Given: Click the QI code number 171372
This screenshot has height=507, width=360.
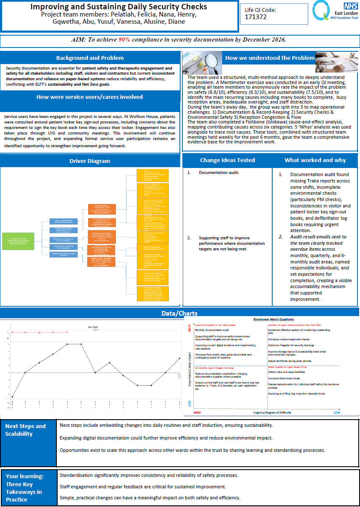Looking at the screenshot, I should [256, 17].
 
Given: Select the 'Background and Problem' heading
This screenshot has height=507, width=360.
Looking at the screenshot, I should [90, 58].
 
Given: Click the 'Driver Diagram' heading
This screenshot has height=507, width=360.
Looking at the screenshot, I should [90, 161].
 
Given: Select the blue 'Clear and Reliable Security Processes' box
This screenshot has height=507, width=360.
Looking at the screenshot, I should [64, 221].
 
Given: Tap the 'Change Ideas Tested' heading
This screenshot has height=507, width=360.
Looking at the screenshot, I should [228, 160].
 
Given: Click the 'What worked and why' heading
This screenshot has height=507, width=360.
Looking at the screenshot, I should [315, 160].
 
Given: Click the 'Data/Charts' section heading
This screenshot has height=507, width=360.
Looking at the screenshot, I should [179, 313].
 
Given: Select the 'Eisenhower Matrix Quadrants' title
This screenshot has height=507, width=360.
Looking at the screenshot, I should [274, 319].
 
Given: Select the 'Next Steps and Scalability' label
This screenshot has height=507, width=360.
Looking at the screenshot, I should [25, 430].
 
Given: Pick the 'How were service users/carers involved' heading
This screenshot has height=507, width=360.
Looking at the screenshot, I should [90, 97].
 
